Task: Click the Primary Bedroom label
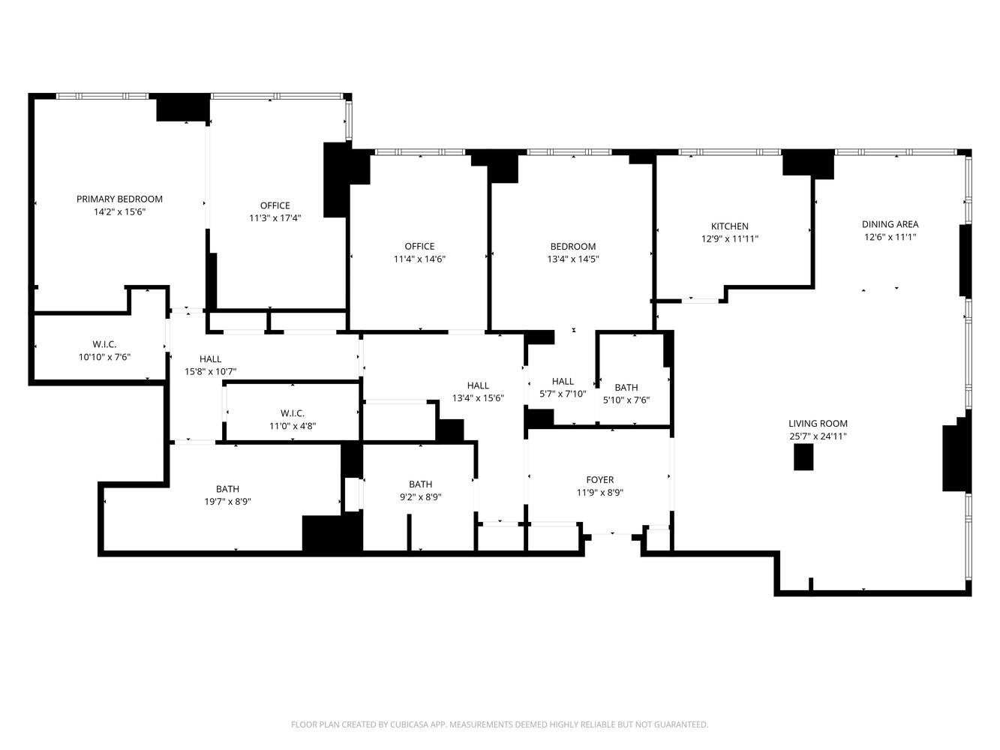click(119, 199)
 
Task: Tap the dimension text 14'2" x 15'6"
click(119, 212)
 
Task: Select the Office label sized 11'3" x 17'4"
click(275, 205)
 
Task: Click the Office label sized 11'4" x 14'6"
click(419, 247)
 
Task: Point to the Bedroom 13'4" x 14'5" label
click(572, 247)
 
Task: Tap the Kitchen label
click(729, 226)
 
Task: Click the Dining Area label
click(890, 224)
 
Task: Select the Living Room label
click(818, 423)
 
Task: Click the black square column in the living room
click(803, 457)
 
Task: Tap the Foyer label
click(599, 480)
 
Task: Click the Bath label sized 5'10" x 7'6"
click(626, 388)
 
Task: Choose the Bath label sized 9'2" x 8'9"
click(420, 484)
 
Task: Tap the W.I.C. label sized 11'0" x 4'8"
click(292, 413)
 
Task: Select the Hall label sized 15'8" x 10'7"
click(210, 359)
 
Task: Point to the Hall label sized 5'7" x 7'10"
click(563, 382)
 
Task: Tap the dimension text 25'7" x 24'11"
click(818, 436)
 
